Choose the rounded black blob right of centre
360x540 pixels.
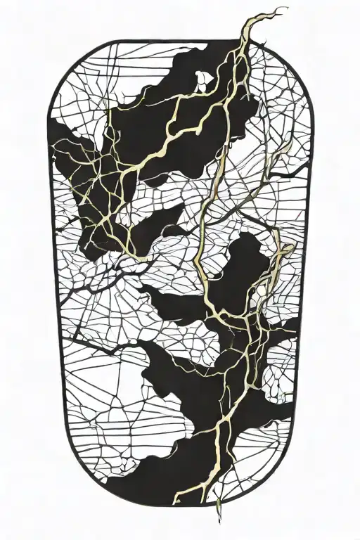[x=246, y=260]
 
